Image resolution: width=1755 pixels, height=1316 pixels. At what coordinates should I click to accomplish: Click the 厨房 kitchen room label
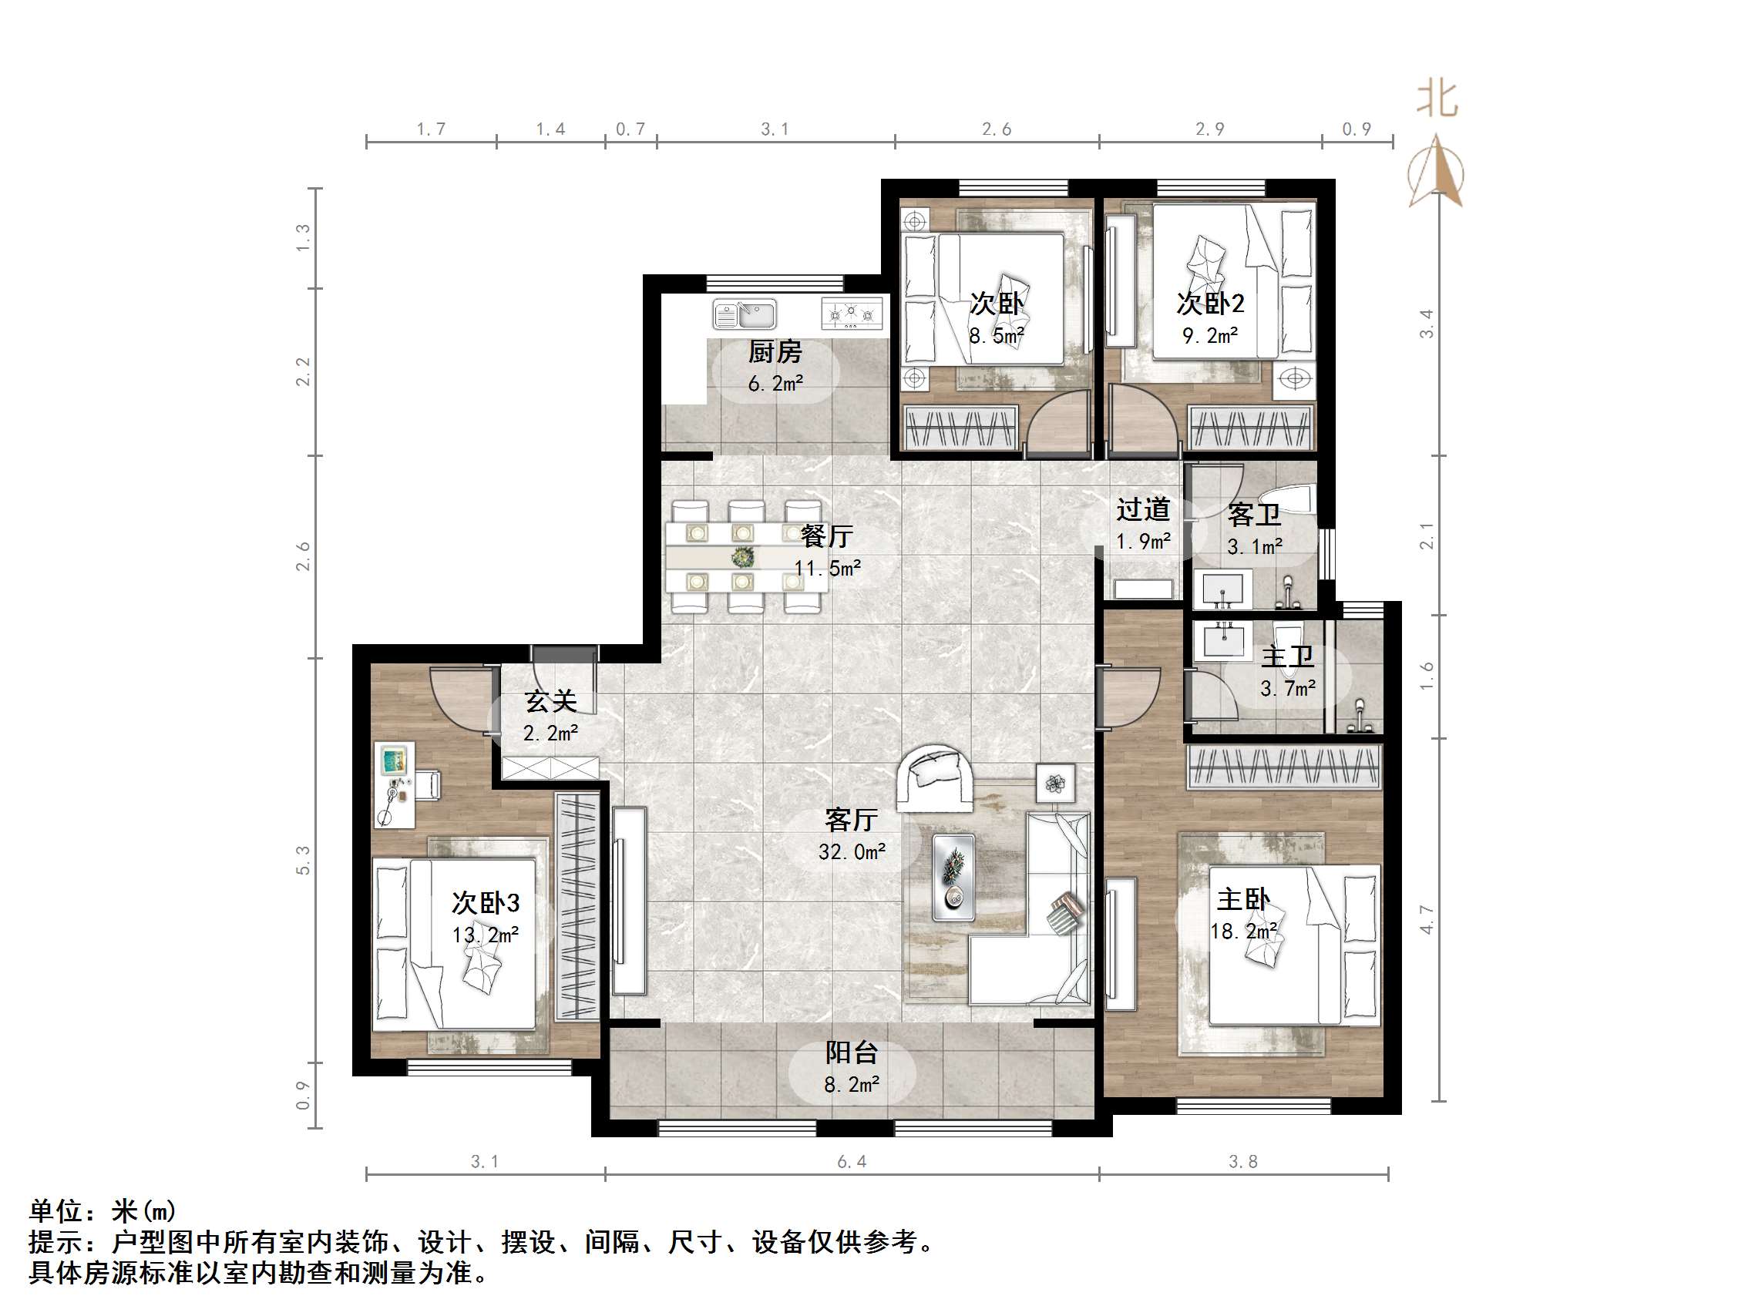point(775,351)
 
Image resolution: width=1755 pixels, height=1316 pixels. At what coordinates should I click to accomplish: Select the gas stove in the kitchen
point(852,314)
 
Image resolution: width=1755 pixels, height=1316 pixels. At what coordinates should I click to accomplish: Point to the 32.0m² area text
point(852,852)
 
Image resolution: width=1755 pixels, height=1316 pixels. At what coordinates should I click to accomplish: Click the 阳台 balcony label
point(852,1052)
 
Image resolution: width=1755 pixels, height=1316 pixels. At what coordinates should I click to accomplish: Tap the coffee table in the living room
point(953,877)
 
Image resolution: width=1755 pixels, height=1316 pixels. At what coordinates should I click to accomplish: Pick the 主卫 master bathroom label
point(1287,656)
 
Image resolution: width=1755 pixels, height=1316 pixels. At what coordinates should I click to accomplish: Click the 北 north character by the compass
point(1437,99)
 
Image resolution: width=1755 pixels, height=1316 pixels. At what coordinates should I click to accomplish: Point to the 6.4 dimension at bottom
point(852,1162)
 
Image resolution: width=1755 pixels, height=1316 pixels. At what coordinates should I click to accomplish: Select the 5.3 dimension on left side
point(303,860)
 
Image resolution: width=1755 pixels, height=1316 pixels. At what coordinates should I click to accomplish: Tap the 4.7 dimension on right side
point(1427,919)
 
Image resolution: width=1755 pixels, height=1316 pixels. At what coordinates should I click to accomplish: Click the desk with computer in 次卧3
point(395,784)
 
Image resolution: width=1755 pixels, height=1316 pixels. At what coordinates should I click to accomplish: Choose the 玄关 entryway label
point(550,701)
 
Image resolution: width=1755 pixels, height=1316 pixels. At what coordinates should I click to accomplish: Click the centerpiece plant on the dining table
point(743,557)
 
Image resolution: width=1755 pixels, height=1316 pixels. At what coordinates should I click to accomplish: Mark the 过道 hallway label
point(1142,509)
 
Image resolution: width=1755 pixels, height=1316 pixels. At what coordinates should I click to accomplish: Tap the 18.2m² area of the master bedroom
point(1243,931)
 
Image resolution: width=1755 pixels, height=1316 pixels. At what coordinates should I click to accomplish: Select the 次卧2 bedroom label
point(1210,303)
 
